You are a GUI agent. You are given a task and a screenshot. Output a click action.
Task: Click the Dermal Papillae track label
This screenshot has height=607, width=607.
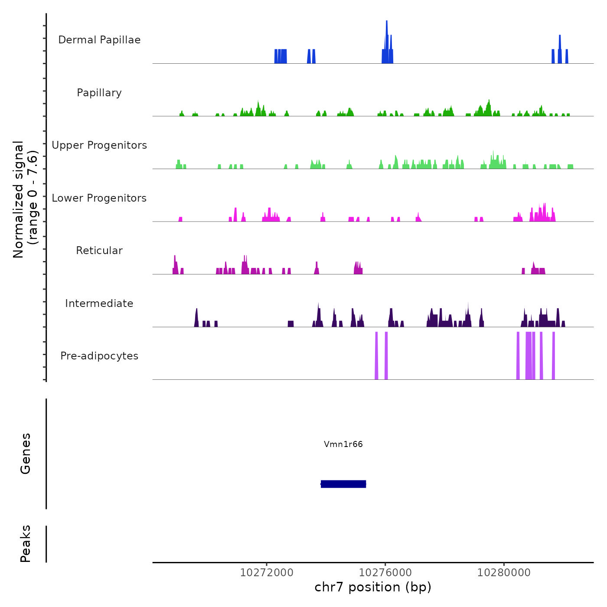tap(99, 40)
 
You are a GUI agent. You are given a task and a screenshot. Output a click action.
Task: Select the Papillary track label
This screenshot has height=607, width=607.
tap(99, 93)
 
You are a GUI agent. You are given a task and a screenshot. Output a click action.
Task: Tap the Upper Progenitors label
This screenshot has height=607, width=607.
tap(99, 145)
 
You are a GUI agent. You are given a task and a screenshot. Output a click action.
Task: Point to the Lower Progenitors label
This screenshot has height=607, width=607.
tap(99, 198)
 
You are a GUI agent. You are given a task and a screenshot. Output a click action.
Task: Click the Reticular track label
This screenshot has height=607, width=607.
tap(99, 251)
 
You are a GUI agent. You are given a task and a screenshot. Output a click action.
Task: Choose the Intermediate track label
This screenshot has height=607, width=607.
tap(99, 303)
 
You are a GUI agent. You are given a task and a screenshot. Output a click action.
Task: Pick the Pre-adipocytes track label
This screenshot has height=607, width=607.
tap(99, 356)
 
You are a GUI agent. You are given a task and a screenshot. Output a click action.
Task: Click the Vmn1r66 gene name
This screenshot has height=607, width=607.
tap(343, 444)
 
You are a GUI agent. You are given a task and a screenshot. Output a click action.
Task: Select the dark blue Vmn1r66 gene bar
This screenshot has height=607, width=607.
tap(343, 484)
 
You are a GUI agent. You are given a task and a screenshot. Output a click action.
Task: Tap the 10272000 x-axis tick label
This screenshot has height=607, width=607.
tap(267, 573)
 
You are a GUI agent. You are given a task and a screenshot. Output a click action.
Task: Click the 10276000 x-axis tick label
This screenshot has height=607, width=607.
tap(385, 573)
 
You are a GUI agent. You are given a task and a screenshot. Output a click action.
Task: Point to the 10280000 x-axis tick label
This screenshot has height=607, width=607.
tap(504, 573)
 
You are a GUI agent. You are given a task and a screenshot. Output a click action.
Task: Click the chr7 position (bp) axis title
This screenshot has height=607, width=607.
tap(373, 587)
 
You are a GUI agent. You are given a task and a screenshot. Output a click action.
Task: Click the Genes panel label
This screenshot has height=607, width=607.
tap(26, 454)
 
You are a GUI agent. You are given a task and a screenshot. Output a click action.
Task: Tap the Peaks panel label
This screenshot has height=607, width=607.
tap(26, 544)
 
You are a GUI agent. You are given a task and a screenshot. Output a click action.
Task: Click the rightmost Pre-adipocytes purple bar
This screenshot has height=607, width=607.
tap(553, 356)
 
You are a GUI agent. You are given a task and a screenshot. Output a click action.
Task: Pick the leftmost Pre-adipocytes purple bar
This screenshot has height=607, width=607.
tap(376, 356)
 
